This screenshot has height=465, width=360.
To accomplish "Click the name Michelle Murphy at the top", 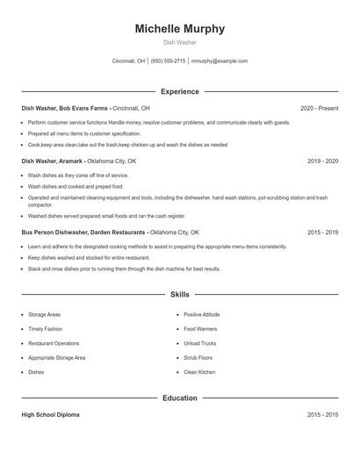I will coord(179,29).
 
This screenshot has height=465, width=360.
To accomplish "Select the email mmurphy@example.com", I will coord(219,61).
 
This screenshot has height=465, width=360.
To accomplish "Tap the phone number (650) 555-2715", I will coord(168,61).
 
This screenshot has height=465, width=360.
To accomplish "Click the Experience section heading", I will coord(179,91).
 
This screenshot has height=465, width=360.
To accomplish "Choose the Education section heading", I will coord(179,397).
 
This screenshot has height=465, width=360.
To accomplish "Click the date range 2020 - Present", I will coord(319,108).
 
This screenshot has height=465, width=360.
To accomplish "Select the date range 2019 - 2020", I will coord(322,161).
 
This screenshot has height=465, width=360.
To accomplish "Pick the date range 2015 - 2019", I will coord(322,232).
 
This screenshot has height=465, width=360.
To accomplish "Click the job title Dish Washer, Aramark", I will coord(53,161).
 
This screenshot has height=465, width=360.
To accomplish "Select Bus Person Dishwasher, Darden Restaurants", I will coord(84,232).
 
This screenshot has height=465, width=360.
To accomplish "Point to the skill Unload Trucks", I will coord(199,343).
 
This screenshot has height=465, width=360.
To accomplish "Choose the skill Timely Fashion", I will coord(46,329).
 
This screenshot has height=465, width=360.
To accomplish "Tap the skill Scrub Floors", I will coord(198,358).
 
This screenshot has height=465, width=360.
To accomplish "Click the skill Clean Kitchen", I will coord(199,372).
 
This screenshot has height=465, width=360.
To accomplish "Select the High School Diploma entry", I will coord(50,415).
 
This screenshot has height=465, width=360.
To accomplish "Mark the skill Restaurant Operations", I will coord(54,343).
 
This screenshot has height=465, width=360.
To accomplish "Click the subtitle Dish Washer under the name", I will coord(179,42).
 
